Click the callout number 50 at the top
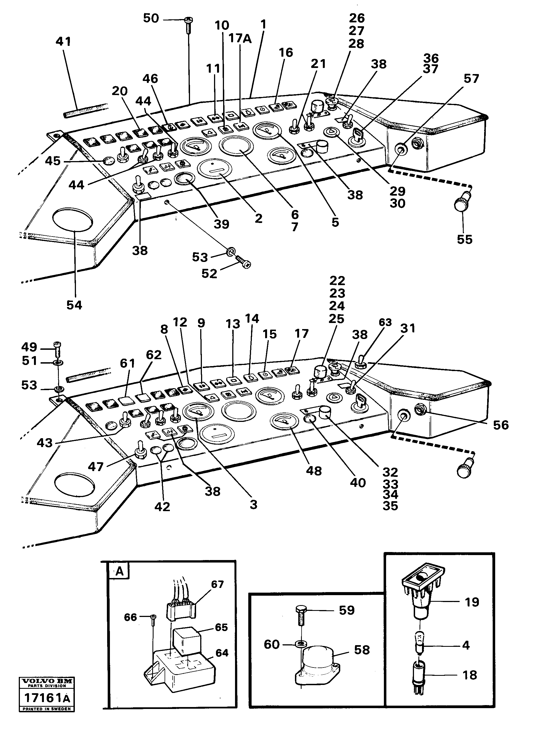[151, 19]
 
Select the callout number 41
[63, 42]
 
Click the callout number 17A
[240, 39]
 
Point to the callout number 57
[471, 79]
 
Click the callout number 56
[500, 425]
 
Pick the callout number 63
[385, 322]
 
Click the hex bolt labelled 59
[301, 614]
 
